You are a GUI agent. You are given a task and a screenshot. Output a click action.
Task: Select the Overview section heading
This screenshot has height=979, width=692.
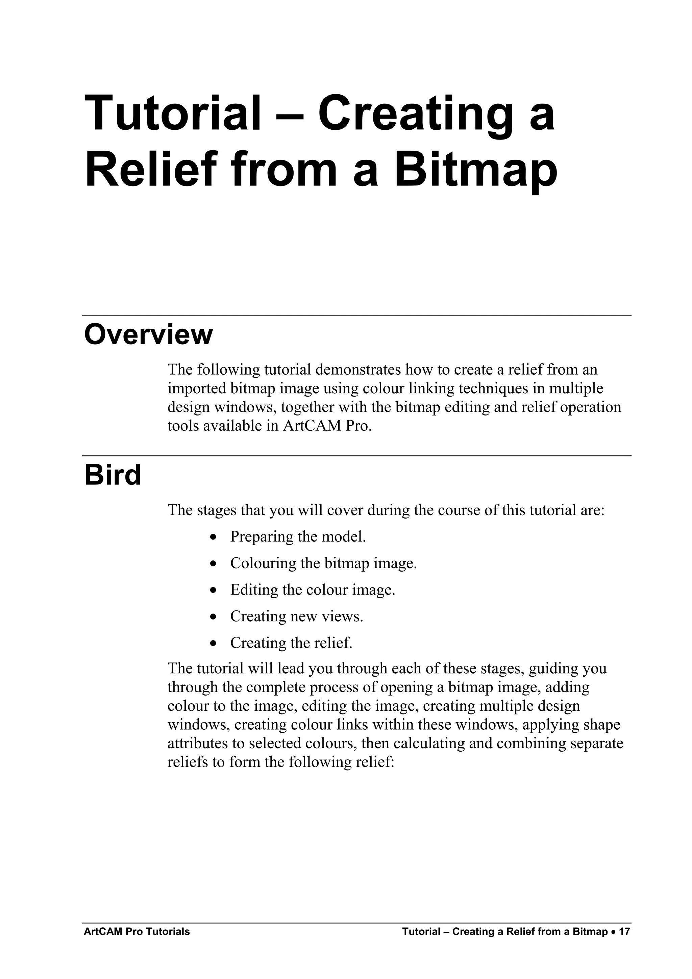pyautogui.click(x=148, y=335)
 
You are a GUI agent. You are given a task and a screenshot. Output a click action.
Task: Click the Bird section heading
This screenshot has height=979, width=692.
pyautogui.click(x=113, y=475)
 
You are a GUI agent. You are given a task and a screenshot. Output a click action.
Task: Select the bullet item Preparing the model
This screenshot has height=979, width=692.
pyautogui.click(x=298, y=536)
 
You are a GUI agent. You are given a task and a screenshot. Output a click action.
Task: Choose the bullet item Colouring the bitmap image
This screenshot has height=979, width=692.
pyautogui.click(x=323, y=563)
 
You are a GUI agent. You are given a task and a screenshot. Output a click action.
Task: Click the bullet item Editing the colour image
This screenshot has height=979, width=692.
pyautogui.click(x=313, y=590)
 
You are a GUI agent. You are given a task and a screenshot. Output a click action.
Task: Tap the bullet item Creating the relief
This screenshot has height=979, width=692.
pyautogui.click(x=291, y=643)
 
